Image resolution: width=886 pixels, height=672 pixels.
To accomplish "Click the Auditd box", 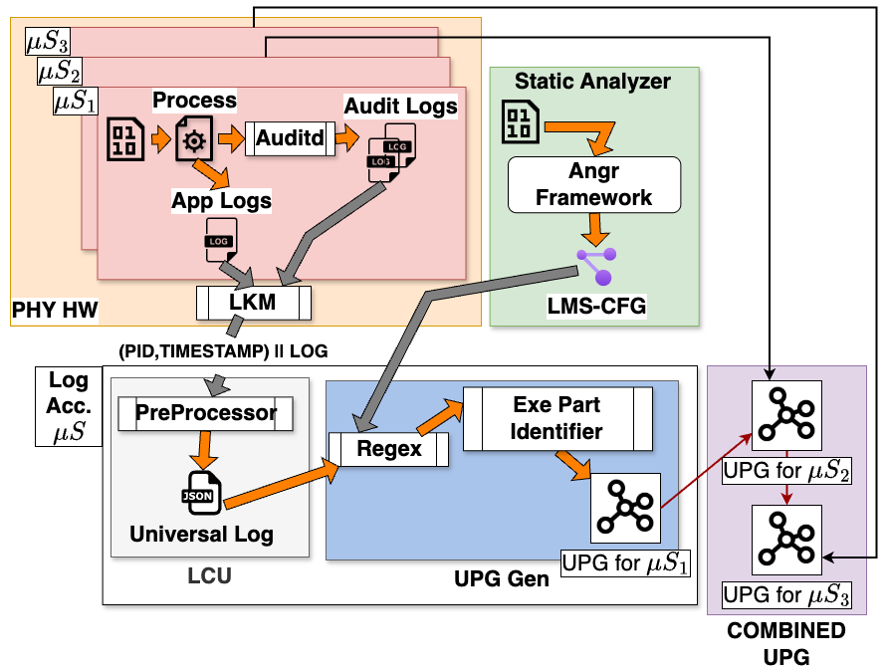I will [290, 139].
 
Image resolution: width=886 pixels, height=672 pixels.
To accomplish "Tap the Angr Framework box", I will [594, 184].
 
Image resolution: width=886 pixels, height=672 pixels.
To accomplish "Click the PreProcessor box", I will [206, 414].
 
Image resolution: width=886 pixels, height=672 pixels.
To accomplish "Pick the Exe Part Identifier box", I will [557, 418].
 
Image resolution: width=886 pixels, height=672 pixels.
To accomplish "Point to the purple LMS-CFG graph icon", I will [595, 266].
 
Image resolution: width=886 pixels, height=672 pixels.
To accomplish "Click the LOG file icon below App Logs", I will [220, 240].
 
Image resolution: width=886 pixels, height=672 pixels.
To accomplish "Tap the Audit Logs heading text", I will [400, 105].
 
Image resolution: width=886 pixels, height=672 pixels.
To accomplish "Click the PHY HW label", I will [55, 311].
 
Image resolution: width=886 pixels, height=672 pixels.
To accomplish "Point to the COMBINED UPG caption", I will [786, 642].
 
